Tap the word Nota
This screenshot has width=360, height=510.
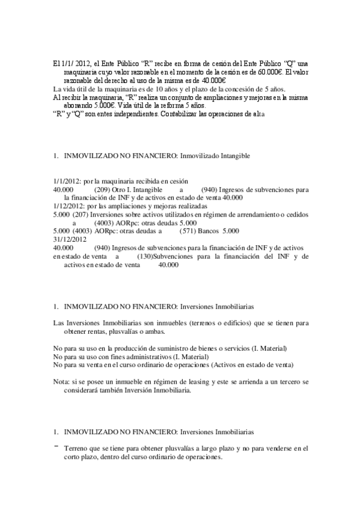click(61, 382)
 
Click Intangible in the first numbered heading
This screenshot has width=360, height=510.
click(228, 155)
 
